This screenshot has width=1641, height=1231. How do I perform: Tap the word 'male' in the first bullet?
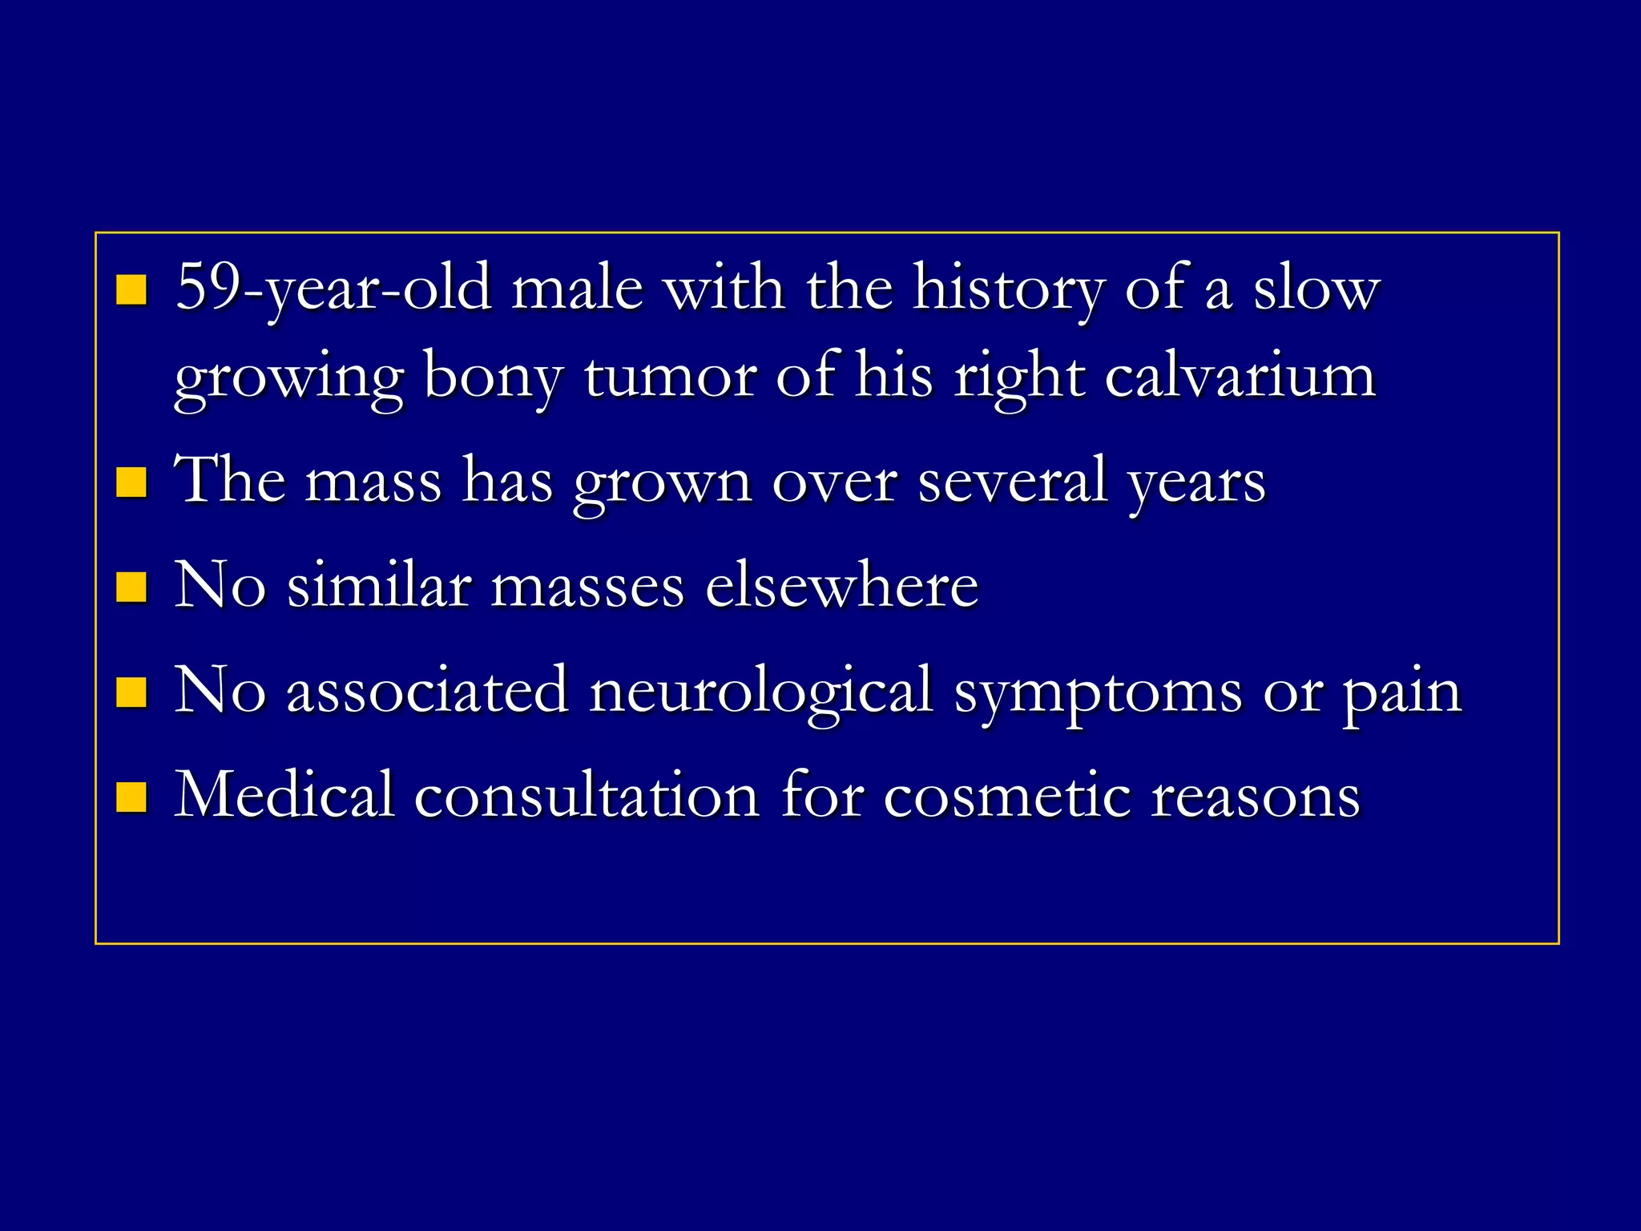[577, 289]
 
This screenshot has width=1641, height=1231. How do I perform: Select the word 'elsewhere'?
[841, 586]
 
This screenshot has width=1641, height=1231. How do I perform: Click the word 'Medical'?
[284, 795]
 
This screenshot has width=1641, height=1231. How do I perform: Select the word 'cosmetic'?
[1007, 797]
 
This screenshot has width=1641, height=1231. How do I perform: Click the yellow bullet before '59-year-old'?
[131, 291]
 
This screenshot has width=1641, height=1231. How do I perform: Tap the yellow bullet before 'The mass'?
[131, 483]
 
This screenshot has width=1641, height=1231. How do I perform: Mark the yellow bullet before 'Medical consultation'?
[131, 797]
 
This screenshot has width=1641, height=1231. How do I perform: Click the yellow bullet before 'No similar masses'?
[131, 587]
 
